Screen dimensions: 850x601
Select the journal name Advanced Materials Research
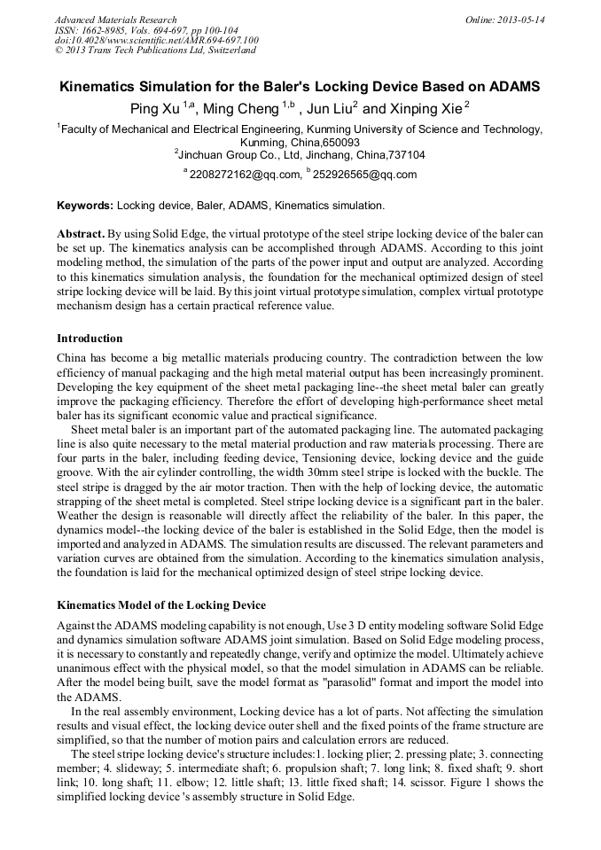(115, 19)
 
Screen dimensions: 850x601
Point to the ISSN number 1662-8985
(105, 30)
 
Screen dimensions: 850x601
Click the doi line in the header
(156, 40)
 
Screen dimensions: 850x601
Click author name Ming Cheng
(240, 109)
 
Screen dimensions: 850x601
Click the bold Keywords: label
(85, 206)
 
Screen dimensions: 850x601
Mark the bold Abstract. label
(82, 231)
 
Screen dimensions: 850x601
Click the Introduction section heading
(90, 339)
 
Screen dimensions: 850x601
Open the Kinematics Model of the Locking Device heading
(160, 605)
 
